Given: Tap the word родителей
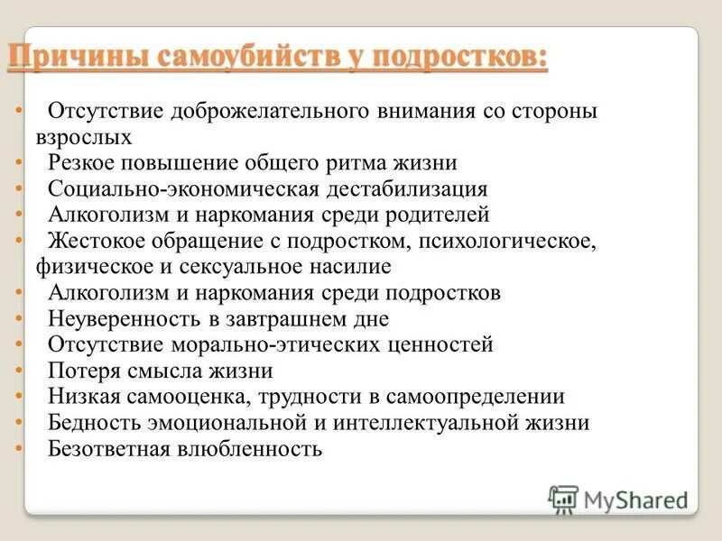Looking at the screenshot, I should [424, 215].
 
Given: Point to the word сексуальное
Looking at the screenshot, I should [235, 267].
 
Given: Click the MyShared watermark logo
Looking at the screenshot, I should [619, 499].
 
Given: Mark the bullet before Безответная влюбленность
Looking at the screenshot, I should [19, 448].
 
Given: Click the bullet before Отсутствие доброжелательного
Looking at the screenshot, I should [19, 114].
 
